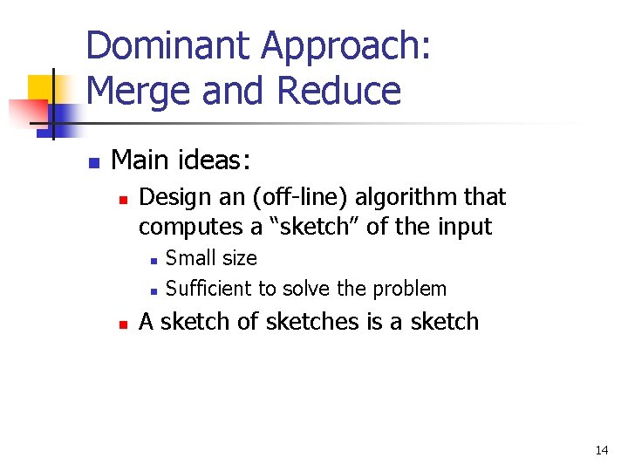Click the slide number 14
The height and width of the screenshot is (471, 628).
(x=601, y=450)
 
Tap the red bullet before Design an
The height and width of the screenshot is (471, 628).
(x=123, y=200)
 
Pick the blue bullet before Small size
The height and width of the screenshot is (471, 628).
(x=152, y=260)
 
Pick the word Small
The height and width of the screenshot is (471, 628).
(x=188, y=257)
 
